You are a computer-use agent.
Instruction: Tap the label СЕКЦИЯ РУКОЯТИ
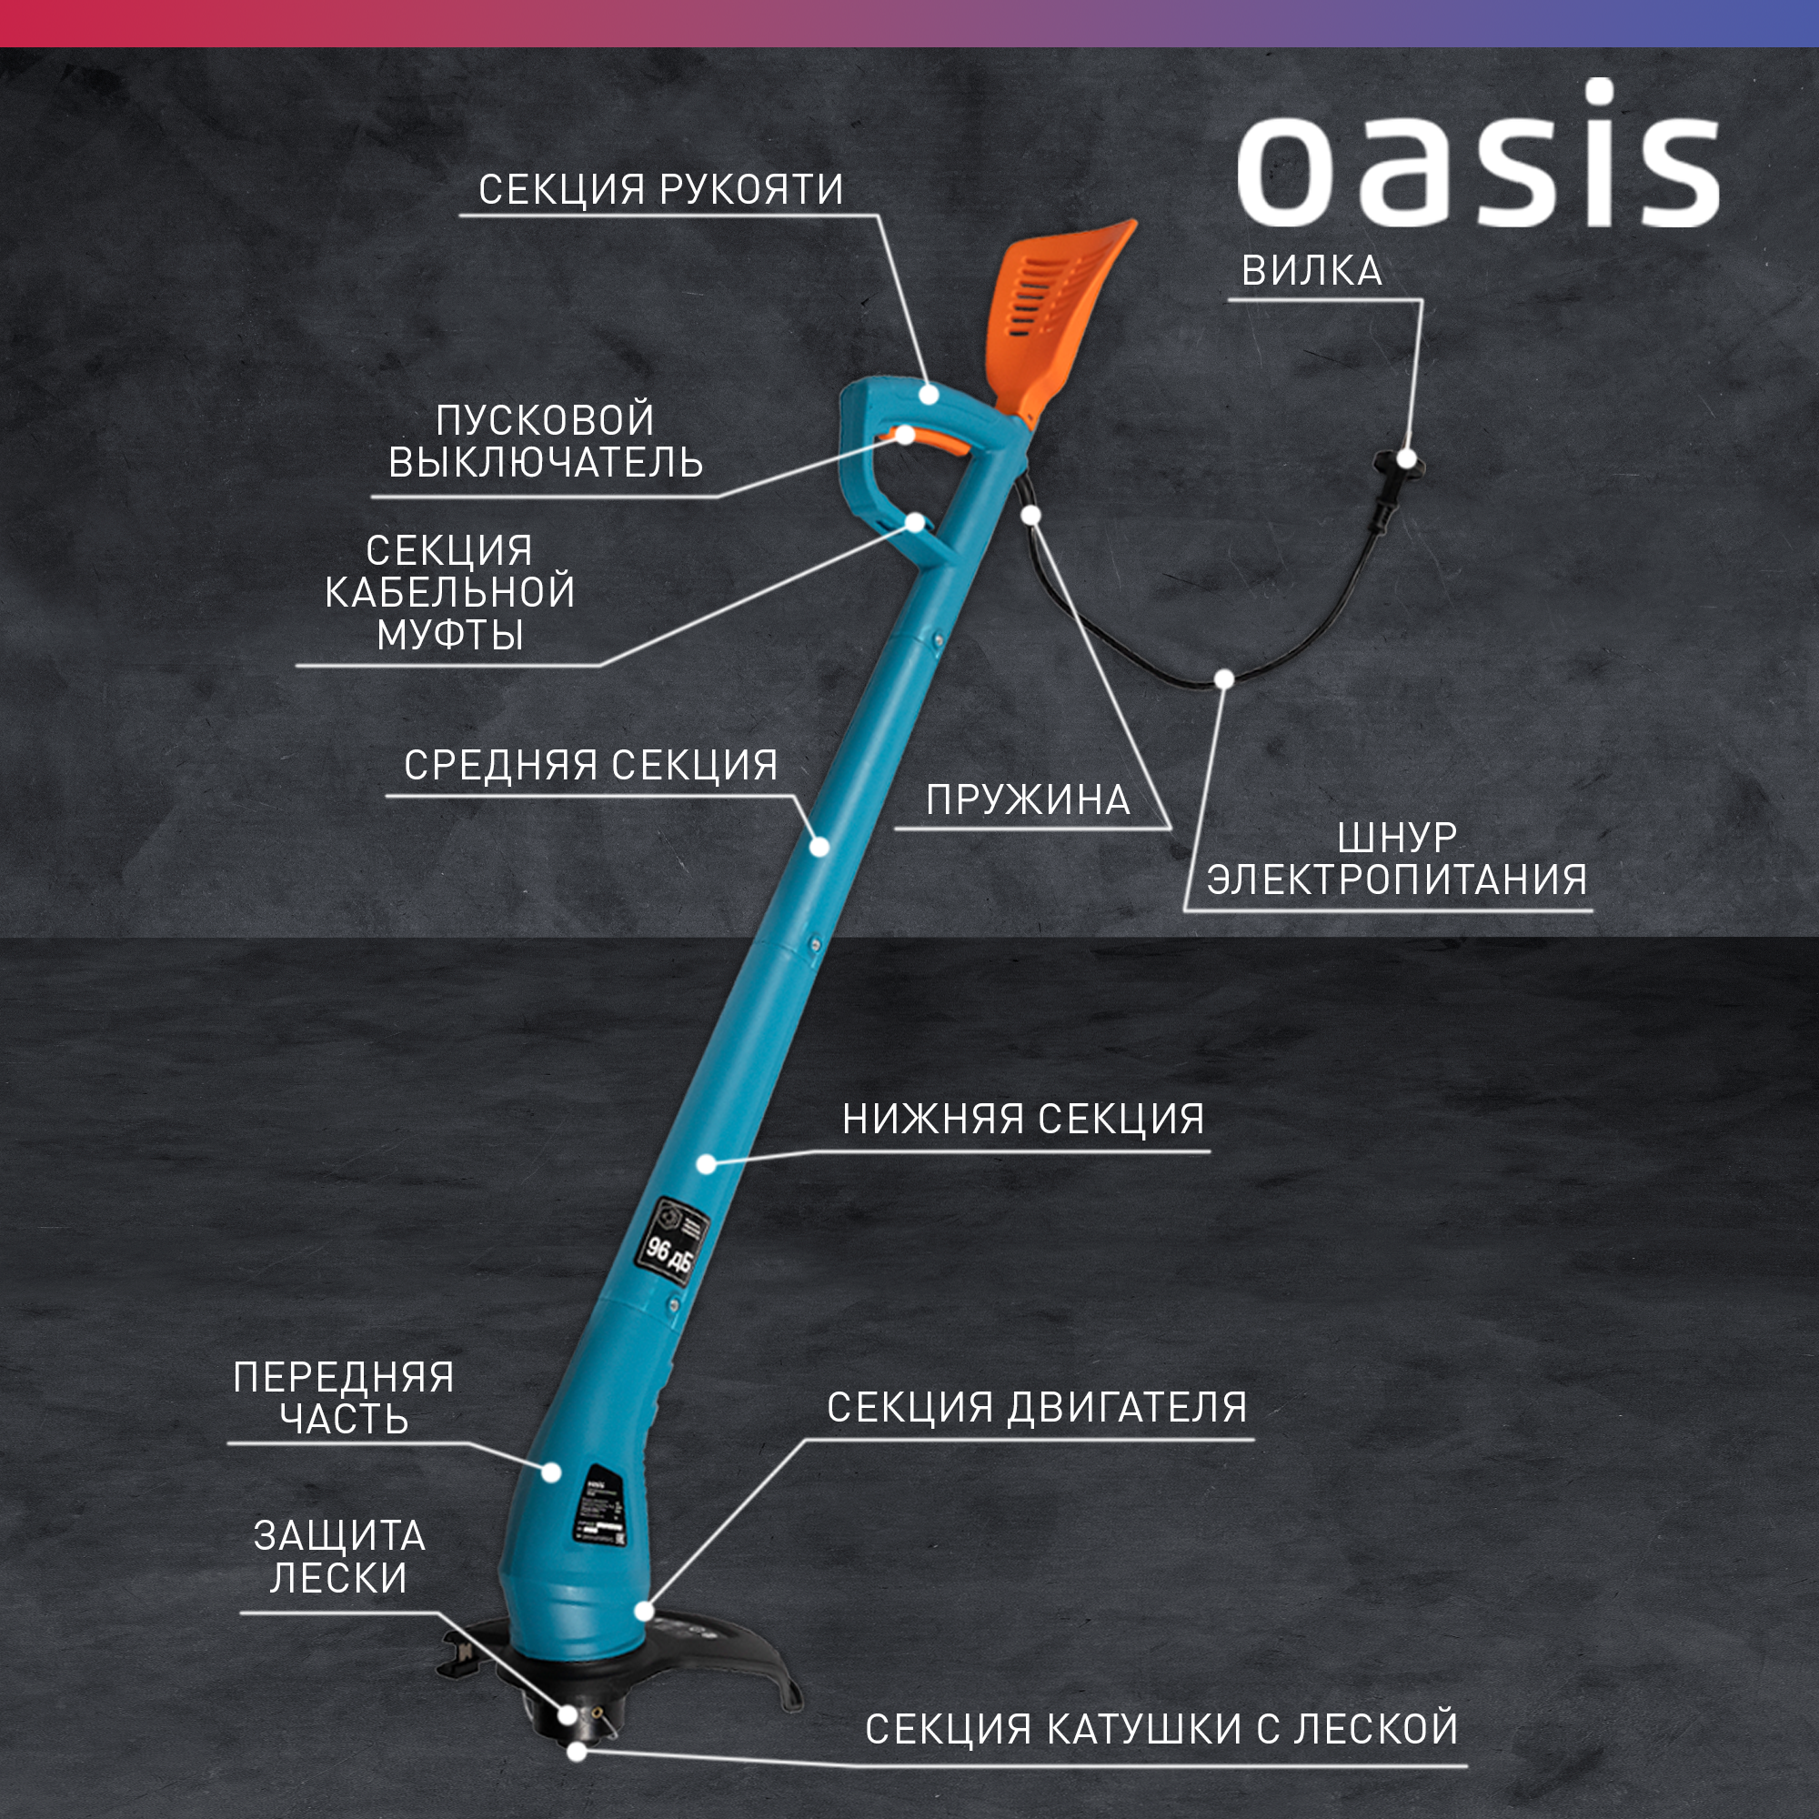[x=660, y=189]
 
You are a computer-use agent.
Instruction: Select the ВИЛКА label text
[x=1311, y=271]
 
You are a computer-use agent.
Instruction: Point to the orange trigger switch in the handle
[x=928, y=438]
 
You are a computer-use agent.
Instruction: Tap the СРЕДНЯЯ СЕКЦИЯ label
[x=590, y=765]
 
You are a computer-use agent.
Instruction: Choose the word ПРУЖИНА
[x=1027, y=800]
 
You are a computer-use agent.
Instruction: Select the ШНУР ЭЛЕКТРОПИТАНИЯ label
[x=1396, y=859]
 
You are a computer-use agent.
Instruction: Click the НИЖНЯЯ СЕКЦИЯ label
[x=1022, y=1120]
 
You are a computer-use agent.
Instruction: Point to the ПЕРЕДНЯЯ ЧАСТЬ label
[x=344, y=1397]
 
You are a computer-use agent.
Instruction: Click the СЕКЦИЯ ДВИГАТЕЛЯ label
[x=1037, y=1408]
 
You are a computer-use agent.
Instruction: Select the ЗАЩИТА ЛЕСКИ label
[x=339, y=1556]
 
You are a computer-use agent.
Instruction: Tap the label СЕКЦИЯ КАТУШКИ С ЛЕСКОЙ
[x=1161, y=1730]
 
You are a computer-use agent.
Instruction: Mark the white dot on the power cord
[x=1224, y=678]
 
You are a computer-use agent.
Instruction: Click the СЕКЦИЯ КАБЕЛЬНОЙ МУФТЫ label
[x=450, y=592]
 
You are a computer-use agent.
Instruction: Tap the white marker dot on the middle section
[x=819, y=847]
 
